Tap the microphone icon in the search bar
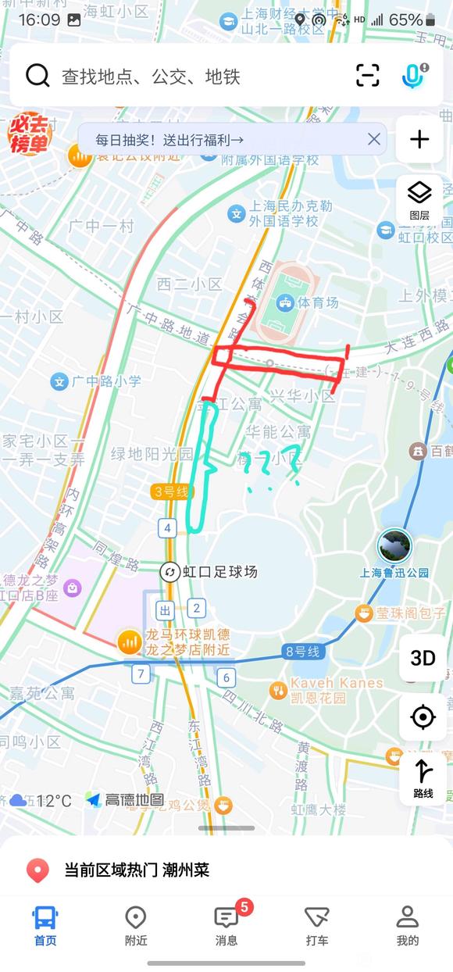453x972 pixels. coord(412,76)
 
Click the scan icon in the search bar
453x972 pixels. coord(367,76)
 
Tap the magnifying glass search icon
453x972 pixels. coord(37,76)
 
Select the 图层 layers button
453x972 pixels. coord(419,199)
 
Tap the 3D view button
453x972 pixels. coord(423,658)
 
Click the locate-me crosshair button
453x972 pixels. coord(423,716)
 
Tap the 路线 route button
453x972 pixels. coord(423,777)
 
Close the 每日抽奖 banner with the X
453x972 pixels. coord(374,139)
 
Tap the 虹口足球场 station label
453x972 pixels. coord(219,572)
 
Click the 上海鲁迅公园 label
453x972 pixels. coord(394,572)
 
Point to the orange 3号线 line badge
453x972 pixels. coord(171,491)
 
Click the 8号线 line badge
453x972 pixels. coord(303,651)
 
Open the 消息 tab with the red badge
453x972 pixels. coord(226,924)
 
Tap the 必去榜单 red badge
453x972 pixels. coord(29,134)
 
